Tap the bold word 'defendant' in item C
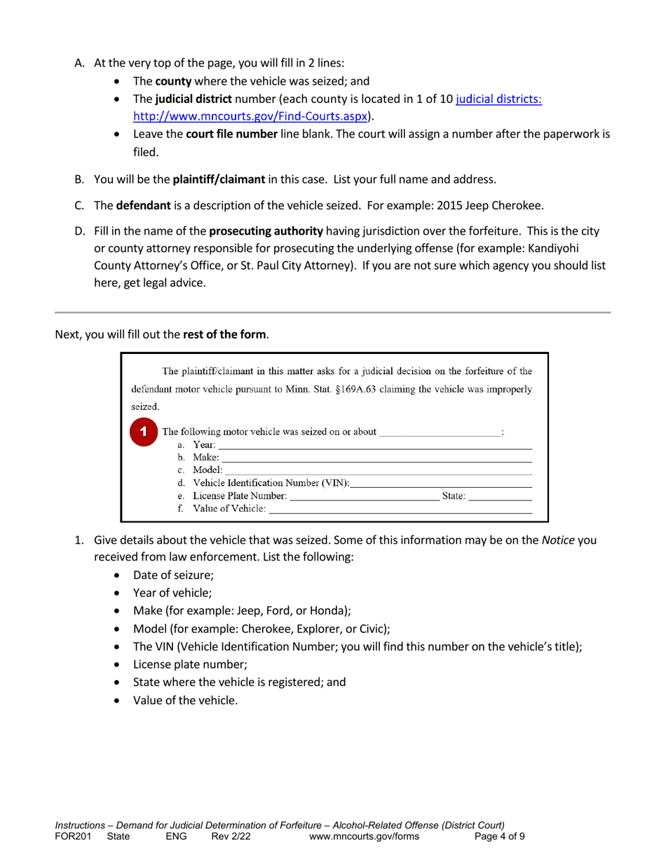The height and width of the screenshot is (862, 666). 143,206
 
